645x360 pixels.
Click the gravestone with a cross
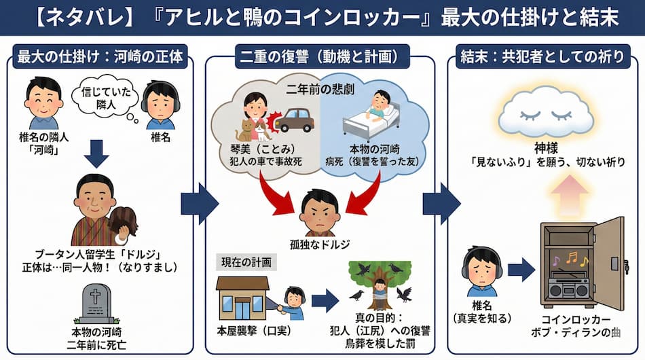pyautogui.click(x=96, y=304)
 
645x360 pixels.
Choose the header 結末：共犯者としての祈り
pyautogui.click(x=542, y=57)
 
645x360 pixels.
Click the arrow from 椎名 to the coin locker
pyautogui.click(x=521, y=270)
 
